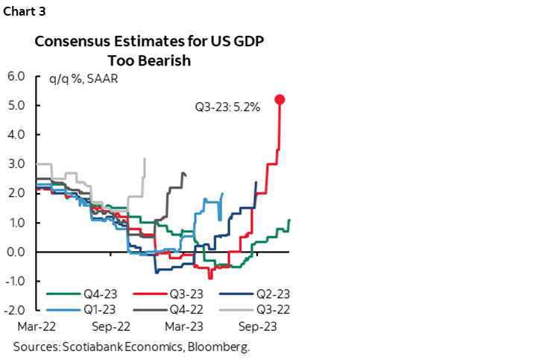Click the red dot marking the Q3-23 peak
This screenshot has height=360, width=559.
(x=279, y=99)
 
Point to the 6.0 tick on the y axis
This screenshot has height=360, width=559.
(x=16, y=76)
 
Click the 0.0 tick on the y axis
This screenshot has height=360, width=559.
(x=16, y=252)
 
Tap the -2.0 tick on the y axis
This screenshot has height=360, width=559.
(x=15, y=310)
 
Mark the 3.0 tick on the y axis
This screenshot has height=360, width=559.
(x=16, y=164)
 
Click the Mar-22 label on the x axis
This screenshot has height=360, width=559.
(x=33, y=326)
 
